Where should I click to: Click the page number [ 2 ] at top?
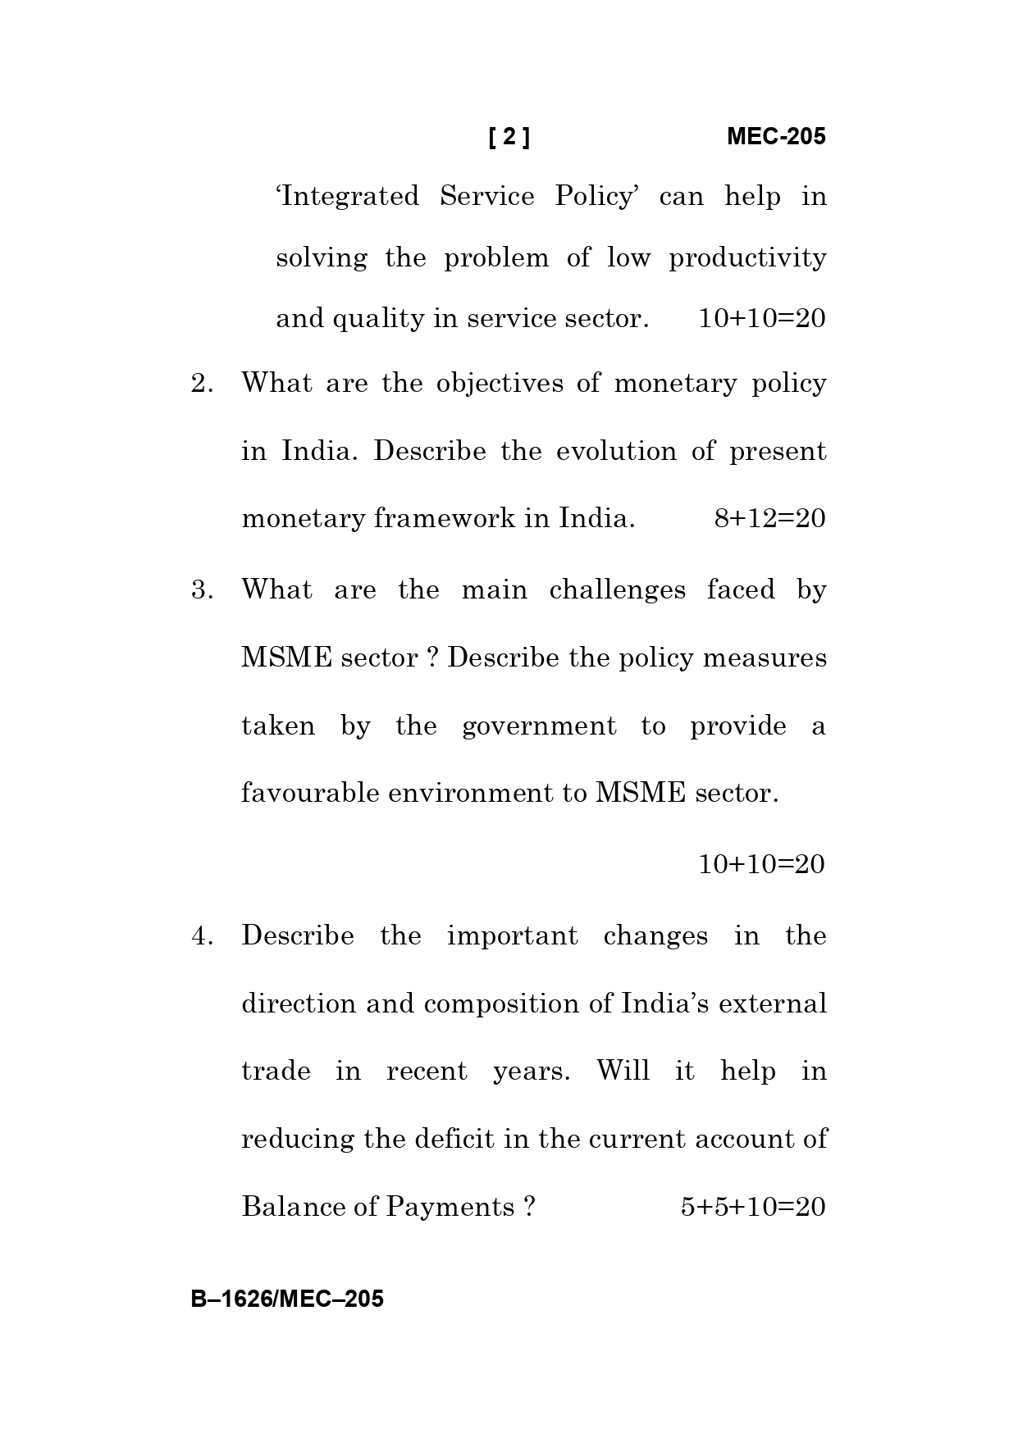point(509,137)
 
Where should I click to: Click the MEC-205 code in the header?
point(776,137)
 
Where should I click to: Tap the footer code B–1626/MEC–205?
point(287,1299)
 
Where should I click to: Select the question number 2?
point(202,384)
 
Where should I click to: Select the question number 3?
point(202,590)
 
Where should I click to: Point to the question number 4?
point(202,936)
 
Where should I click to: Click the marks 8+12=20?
point(769,519)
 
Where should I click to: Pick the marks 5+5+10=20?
point(752,1207)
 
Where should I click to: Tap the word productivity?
point(747,258)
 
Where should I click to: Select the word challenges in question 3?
point(617,590)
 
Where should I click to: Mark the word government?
point(539,726)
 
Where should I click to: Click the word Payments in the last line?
point(450,1208)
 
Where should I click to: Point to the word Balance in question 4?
point(290,1207)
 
